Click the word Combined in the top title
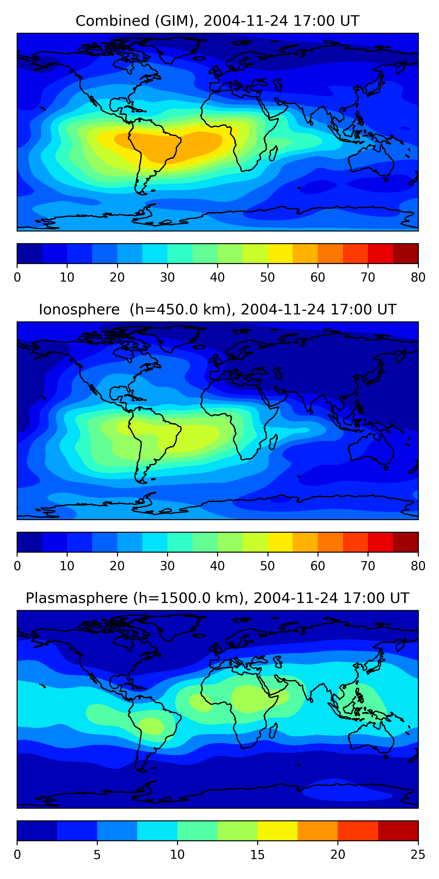[x=112, y=21]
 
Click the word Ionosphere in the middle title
[x=79, y=309]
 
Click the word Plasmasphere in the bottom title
[x=77, y=598]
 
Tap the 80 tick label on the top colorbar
[x=418, y=277]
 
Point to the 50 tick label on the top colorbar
[x=267, y=277]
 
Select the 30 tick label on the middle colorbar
[x=167, y=566]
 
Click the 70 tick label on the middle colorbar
[x=368, y=566]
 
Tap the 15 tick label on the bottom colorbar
[x=257, y=855]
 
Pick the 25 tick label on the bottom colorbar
[x=418, y=855]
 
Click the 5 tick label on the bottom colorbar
[x=97, y=855]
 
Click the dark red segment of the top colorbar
[x=406, y=253]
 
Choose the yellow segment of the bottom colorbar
[x=277, y=831]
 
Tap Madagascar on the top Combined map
[x=273, y=154]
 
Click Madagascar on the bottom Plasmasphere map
[x=273, y=731]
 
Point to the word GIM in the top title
[x=174, y=21]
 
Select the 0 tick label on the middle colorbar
[x=17, y=566]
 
